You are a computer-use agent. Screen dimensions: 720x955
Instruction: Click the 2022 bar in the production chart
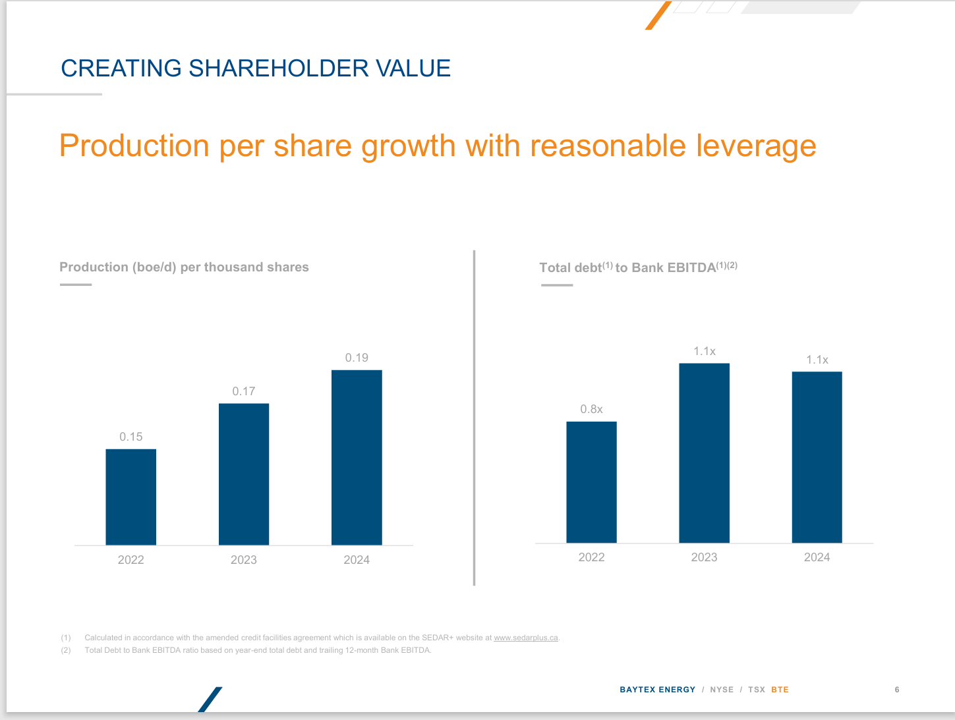pos(130,497)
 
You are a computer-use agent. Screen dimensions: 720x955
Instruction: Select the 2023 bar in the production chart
pos(243,474)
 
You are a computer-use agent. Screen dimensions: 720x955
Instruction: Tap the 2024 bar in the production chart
pos(357,457)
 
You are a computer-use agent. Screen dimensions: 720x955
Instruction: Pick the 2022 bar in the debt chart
pos(591,482)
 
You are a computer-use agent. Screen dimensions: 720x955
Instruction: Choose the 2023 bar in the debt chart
pos(704,453)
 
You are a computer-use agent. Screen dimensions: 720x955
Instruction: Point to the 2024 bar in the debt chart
pos(817,457)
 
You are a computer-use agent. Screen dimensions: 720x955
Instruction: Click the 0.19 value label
pos(357,358)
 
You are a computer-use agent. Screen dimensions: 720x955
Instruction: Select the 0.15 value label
pos(130,437)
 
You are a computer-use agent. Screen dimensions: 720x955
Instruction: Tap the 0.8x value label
pos(591,409)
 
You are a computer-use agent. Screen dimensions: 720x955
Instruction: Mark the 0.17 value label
pos(243,391)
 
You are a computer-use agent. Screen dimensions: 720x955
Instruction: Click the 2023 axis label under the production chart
pos(243,560)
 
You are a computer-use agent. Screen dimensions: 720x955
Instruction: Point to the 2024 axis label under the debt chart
pos(817,557)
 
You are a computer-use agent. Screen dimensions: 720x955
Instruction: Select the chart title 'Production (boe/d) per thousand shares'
pos(184,267)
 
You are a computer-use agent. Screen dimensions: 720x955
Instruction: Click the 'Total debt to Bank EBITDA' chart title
pos(637,267)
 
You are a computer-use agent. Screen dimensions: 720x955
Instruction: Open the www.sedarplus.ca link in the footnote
pos(525,638)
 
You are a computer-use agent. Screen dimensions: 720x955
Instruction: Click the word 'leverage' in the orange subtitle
pos(756,146)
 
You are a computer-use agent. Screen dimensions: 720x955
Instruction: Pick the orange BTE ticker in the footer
pos(780,690)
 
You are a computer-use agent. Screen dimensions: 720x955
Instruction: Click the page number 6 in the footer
pos(897,690)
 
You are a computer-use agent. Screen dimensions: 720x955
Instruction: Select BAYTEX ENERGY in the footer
pos(657,690)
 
